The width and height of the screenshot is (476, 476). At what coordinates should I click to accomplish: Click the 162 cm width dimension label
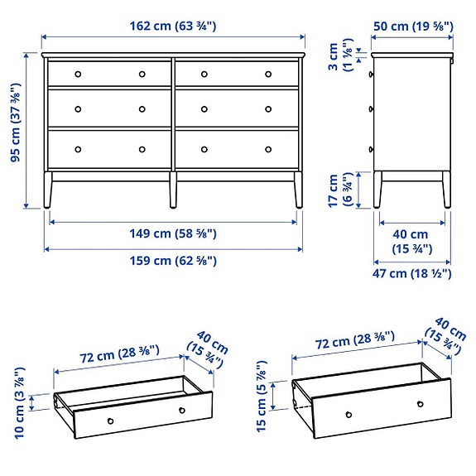pyautogui.click(x=173, y=26)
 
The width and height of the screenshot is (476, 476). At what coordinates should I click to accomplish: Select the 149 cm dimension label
pyautogui.click(x=173, y=234)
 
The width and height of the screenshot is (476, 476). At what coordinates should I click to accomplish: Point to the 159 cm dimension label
pyautogui.click(x=173, y=261)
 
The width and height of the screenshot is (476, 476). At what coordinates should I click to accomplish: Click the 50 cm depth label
pyautogui.click(x=412, y=26)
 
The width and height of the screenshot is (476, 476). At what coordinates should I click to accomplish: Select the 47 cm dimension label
pyautogui.click(x=411, y=273)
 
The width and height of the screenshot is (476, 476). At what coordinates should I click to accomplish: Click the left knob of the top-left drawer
pyautogui.click(x=79, y=74)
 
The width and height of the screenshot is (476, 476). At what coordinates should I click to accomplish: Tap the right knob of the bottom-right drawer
pyautogui.click(x=268, y=149)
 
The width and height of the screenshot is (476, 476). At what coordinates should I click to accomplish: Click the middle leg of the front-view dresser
pyautogui.click(x=172, y=190)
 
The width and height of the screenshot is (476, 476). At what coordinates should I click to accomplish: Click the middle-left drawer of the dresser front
pyautogui.click(x=109, y=108)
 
